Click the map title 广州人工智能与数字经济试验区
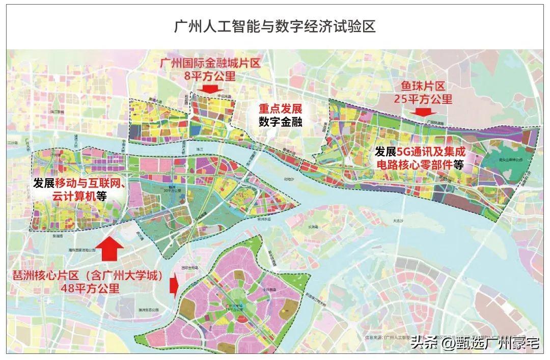[x=275, y=26]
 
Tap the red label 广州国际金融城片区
[x=210, y=64]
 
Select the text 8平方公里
[x=210, y=76]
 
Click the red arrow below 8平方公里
[x=210, y=89]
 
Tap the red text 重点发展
[x=280, y=109]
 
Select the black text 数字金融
[x=280, y=122]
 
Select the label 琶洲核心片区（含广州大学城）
[x=90, y=276]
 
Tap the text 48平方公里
[x=90, y=289]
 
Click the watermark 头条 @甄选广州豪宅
[x=475, y=343]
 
